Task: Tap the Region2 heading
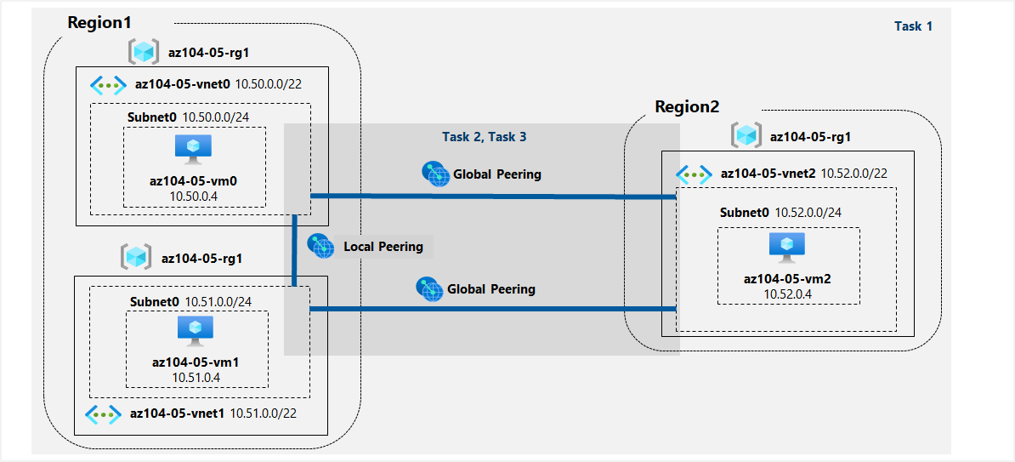687,107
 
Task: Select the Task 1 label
913,26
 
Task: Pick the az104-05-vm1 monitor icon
196,331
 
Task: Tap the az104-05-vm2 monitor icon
787,247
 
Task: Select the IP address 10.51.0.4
195,377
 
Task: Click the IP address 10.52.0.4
787,294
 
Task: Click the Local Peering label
383,247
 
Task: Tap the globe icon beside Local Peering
320,246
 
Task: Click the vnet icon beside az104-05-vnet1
103,414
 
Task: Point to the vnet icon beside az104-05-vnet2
694,174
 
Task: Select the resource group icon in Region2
747,135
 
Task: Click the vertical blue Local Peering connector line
293,251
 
